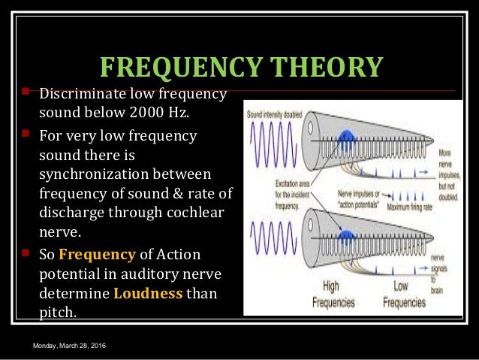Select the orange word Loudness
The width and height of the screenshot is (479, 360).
point(148,292)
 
